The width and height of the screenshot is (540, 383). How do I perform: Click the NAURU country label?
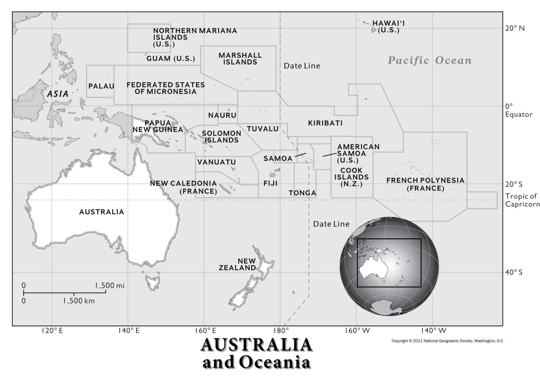point(222,115)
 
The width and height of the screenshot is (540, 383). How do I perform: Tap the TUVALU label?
point(262,129)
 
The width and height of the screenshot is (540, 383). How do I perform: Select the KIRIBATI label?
point(325,123)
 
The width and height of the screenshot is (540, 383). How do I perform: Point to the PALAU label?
point(101,86)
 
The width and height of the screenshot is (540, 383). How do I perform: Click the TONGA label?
point(302,193)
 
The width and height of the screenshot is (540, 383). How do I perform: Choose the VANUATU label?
point(216,162)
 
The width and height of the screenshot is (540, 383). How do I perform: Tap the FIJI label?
point(270,184)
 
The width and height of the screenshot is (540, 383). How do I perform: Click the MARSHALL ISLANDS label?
point(240,59)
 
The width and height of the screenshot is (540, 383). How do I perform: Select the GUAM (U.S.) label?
point(171,59)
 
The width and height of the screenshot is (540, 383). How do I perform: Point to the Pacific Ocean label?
point(429,60)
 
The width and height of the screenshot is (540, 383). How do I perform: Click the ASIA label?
point(58,94)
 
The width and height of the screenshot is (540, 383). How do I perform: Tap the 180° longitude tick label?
point(281,330)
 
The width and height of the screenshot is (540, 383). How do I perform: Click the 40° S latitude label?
point(514,272)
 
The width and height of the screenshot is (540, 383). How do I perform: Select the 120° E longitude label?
point(52,330)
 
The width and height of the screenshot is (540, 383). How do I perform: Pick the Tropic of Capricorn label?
point(522,200)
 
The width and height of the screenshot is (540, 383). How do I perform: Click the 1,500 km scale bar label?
point(79,301)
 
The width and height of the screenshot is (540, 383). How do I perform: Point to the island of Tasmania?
point(152,282)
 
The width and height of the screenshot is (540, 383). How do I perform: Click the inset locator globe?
point(389,266)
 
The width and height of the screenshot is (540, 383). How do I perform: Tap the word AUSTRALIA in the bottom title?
point(257,345)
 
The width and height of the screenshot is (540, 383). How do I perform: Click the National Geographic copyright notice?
point(447,341)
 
